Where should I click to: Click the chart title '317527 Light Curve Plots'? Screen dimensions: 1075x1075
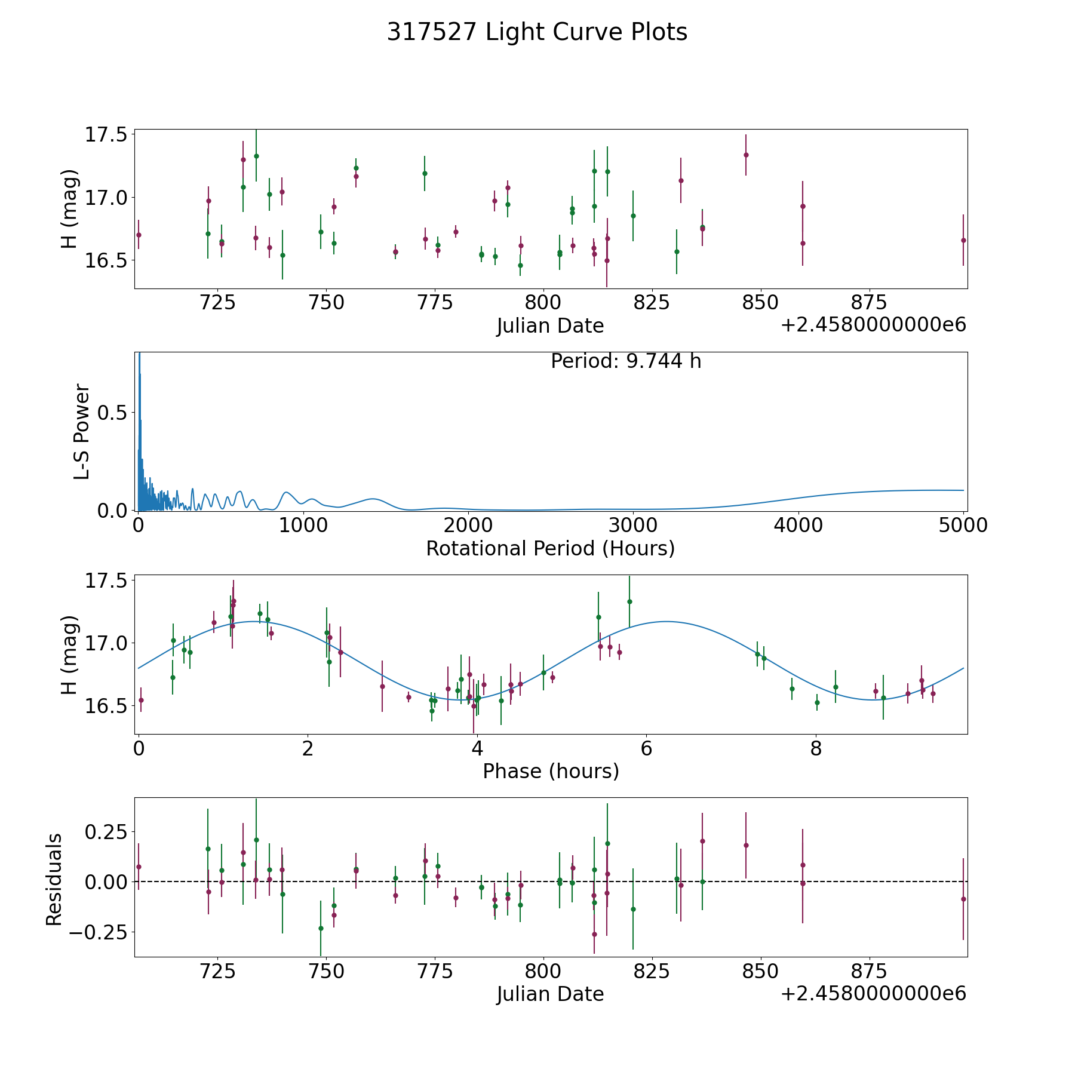(537, 32)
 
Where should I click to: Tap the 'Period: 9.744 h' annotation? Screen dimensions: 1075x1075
(626, 361)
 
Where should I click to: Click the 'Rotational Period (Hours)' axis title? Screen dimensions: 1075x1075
(550, 548)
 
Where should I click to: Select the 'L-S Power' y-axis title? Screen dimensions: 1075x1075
(82, 432)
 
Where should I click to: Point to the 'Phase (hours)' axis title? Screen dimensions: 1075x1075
(551, 771)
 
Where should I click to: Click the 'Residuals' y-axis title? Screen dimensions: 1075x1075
(54, 880)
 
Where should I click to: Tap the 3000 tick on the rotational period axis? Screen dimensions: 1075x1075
(633, 526)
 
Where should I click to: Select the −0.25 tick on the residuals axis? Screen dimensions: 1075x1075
(99, 932)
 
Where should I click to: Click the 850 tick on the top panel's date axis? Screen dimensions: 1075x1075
(760, 303)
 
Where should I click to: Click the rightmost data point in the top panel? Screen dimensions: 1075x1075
(963, 240)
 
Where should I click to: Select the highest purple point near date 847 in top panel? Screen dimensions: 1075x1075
(746, 155)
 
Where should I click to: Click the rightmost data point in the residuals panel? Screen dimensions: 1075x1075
(963, 899)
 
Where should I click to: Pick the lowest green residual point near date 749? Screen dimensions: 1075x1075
(321, 928)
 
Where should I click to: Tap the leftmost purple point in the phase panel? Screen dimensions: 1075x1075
(141, 700)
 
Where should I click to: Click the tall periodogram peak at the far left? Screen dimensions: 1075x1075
(139, 358)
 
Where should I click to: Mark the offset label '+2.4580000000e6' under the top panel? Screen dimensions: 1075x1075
(873, 325)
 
